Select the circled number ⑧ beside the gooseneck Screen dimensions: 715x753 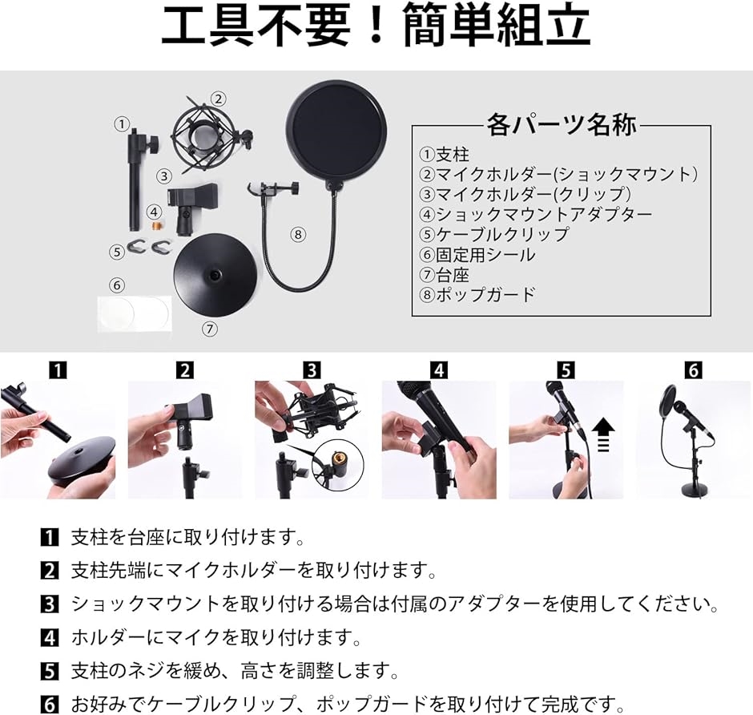(298, 235)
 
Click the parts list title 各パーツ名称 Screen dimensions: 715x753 (561, 126)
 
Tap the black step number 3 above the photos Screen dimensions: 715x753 (312, 370)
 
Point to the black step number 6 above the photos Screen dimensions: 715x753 (693, 370)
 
